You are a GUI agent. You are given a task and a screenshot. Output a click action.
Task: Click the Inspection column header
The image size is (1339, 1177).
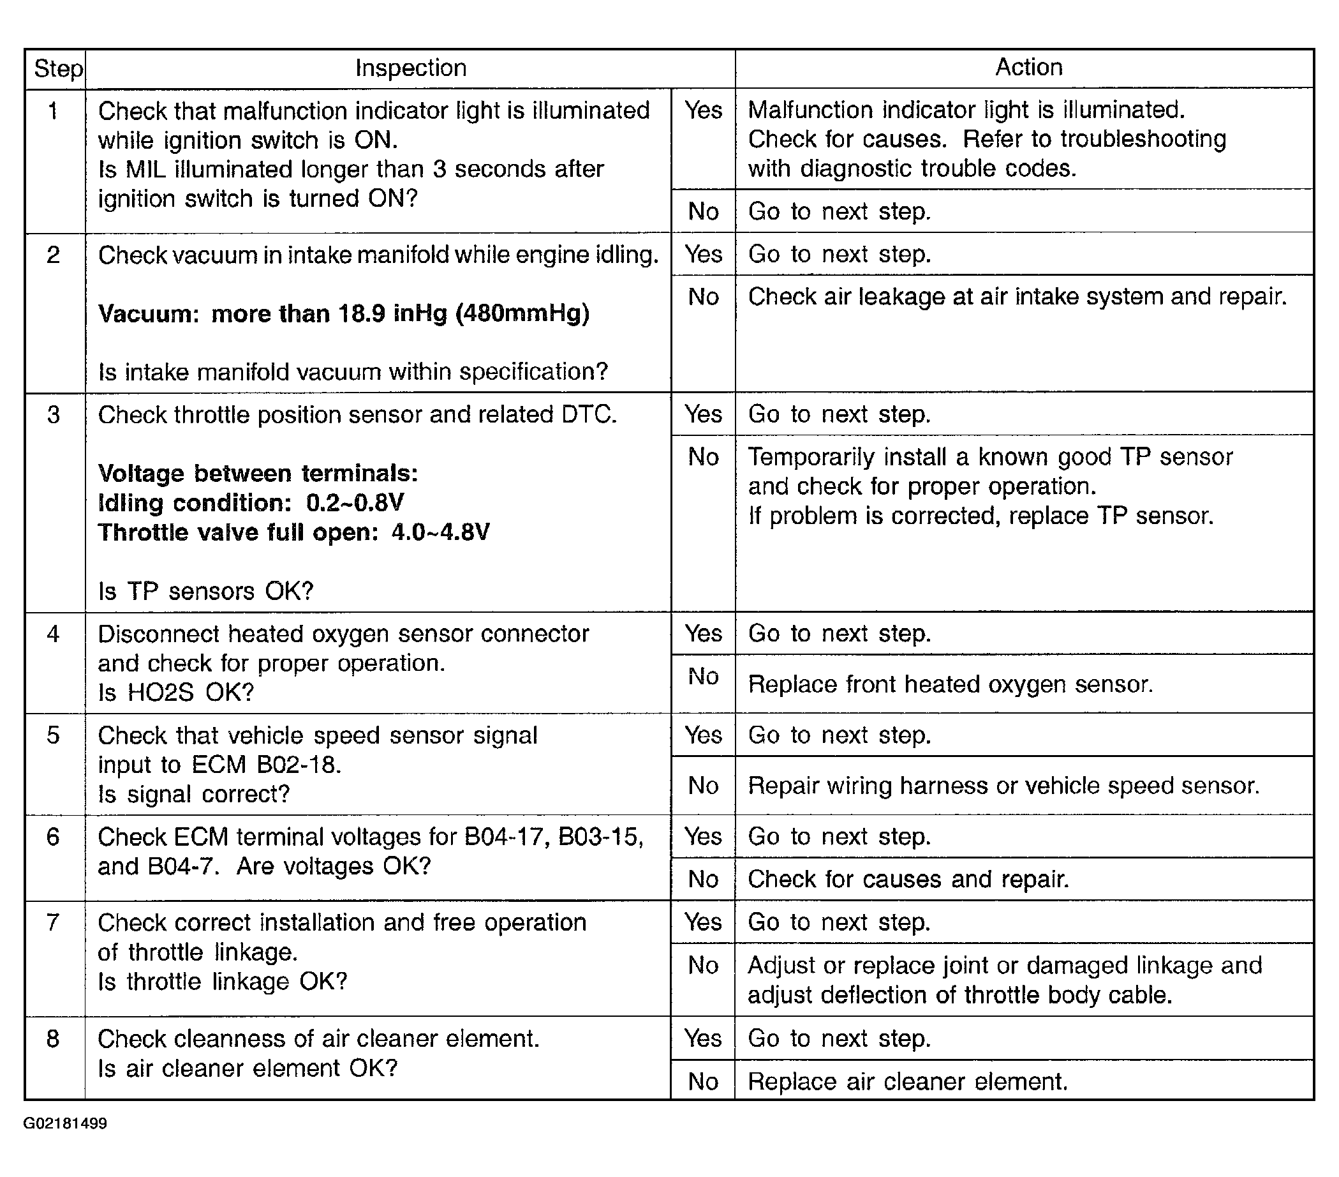(410, 68)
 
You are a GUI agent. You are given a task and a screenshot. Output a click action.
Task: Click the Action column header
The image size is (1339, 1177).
(1028, 68)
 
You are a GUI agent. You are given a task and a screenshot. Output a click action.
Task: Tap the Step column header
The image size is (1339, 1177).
(57, 69)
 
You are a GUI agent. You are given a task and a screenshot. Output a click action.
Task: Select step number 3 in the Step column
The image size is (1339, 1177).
(54, 415)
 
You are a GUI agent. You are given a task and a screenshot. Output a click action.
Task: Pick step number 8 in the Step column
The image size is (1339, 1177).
(54, 1038)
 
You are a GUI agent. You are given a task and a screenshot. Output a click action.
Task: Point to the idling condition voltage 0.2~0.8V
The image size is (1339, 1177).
(355, 502)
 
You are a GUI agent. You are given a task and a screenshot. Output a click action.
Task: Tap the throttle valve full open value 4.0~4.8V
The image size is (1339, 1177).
(440, 532)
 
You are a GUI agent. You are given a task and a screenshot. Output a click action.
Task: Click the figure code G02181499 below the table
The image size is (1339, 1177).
(65, 1124)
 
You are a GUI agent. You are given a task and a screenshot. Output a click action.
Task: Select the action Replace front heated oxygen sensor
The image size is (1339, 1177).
(950, 684)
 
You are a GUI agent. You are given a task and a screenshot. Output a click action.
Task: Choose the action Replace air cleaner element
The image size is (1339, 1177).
(907, 1081)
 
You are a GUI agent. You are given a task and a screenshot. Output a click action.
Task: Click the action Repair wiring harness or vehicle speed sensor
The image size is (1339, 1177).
(1003, 786)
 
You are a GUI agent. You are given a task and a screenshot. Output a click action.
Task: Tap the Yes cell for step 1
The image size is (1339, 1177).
(703, 110)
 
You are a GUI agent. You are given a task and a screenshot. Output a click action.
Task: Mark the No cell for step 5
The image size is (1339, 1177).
(703, 786)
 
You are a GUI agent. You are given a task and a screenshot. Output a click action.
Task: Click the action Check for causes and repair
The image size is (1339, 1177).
(908, 880)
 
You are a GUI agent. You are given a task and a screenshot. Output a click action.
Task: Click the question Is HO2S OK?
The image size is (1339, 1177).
(175, 693)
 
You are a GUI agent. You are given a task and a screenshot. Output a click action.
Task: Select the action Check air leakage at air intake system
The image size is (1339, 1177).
(1017, 297)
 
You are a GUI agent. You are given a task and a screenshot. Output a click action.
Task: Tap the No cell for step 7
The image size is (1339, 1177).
(703, 965)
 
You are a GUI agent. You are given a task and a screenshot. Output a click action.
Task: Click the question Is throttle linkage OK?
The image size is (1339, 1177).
(222, 982)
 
